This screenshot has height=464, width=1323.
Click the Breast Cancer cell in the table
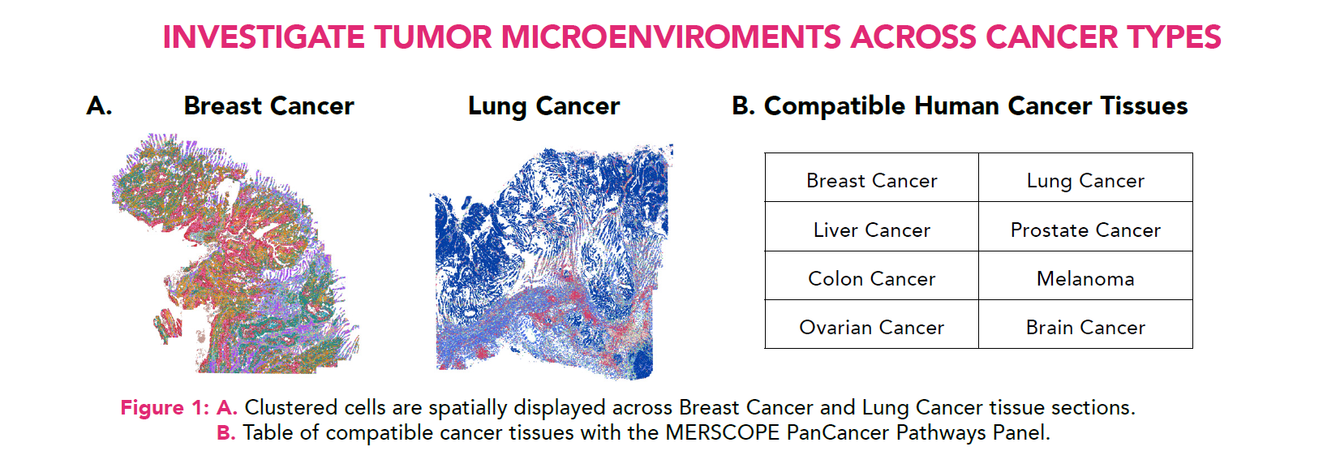point(871,180)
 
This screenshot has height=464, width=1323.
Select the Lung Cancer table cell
point(1085,180)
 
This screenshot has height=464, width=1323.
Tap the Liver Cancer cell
point(871,230)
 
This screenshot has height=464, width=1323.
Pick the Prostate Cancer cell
point(1085,230)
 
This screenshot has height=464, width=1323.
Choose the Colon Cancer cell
point(871,279)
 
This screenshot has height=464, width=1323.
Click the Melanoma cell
point(1085,279)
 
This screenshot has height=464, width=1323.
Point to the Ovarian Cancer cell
point(871,328)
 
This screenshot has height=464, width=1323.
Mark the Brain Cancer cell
point(1085,328)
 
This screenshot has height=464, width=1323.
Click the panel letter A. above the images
point(99,106)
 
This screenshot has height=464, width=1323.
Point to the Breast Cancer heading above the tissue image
point(268,106)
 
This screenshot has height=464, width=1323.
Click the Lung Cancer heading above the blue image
point(543,106)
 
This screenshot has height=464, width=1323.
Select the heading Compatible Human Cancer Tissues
point(975,106)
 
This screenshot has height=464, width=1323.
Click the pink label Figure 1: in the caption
point(165,407)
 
